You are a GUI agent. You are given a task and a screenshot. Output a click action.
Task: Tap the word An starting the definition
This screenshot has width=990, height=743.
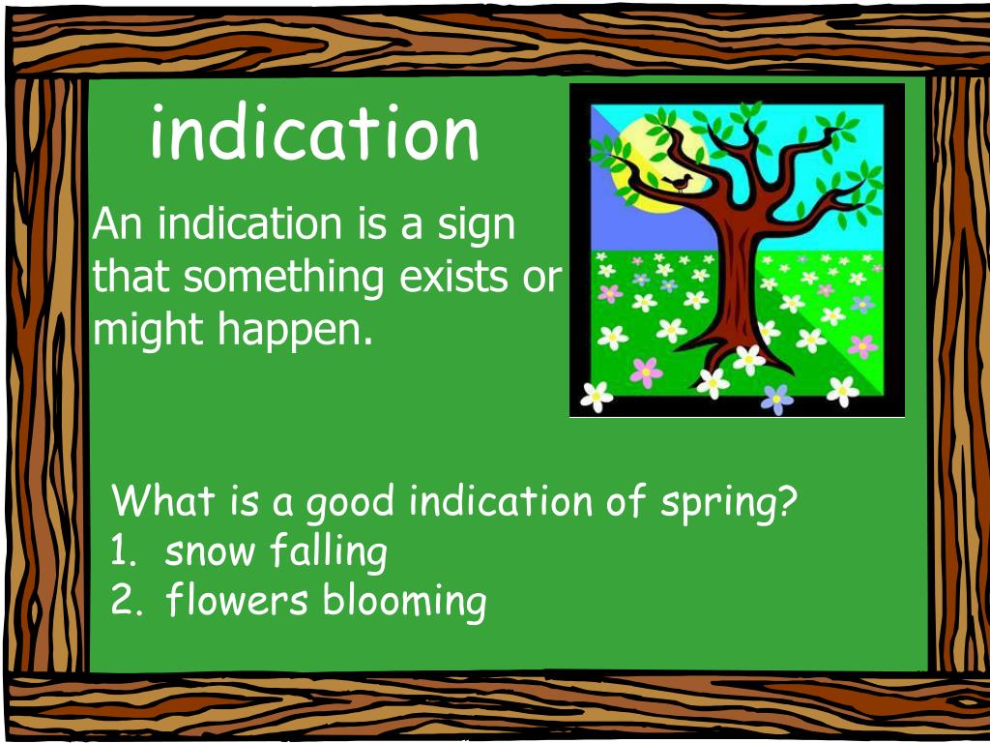point(117,224)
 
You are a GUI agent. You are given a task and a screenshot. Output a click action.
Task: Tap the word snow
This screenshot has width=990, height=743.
point(210,552)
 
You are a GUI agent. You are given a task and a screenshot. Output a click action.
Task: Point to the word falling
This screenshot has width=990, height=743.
point(328,552)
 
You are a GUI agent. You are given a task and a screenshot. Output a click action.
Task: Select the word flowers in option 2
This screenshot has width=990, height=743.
point(236,601)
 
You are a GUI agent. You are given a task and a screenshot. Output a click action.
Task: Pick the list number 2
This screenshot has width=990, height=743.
point(124,602)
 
